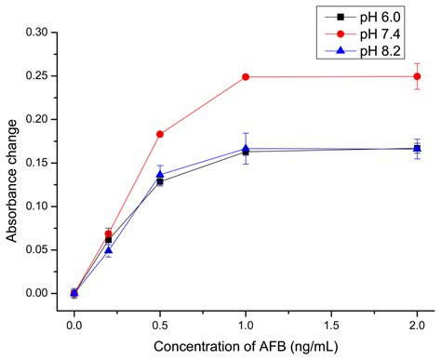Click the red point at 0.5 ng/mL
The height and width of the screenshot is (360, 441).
click(160, 134)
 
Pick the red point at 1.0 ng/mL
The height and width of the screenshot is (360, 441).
click(246, 76)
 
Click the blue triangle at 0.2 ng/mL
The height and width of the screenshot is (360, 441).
click(109, 250)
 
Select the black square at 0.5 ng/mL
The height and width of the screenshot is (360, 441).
click(160, 181)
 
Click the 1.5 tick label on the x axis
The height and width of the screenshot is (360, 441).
click(331, 325)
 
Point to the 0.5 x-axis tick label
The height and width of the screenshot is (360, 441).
click(160, 325)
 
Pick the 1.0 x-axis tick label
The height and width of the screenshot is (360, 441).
click(246, 325)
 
